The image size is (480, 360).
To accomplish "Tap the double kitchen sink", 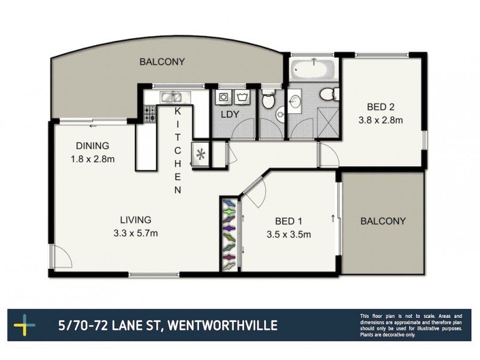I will click(170, 97).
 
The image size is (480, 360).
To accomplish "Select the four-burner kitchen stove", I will click(149, 114).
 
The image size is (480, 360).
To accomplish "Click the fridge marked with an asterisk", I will click(200, 155).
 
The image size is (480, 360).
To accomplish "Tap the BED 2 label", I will click(380, 107).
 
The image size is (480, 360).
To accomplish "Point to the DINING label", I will click(92, 145).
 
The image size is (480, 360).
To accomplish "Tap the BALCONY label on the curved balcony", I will click(162, 61).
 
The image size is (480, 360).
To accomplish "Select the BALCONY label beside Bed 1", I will click(383, 221).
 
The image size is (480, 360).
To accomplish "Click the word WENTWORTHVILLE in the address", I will click(222, 326).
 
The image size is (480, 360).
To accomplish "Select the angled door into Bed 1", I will click(253, 192).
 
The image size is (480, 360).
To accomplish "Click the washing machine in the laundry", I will click(223, 97).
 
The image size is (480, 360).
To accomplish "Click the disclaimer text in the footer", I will click(411, 326).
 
